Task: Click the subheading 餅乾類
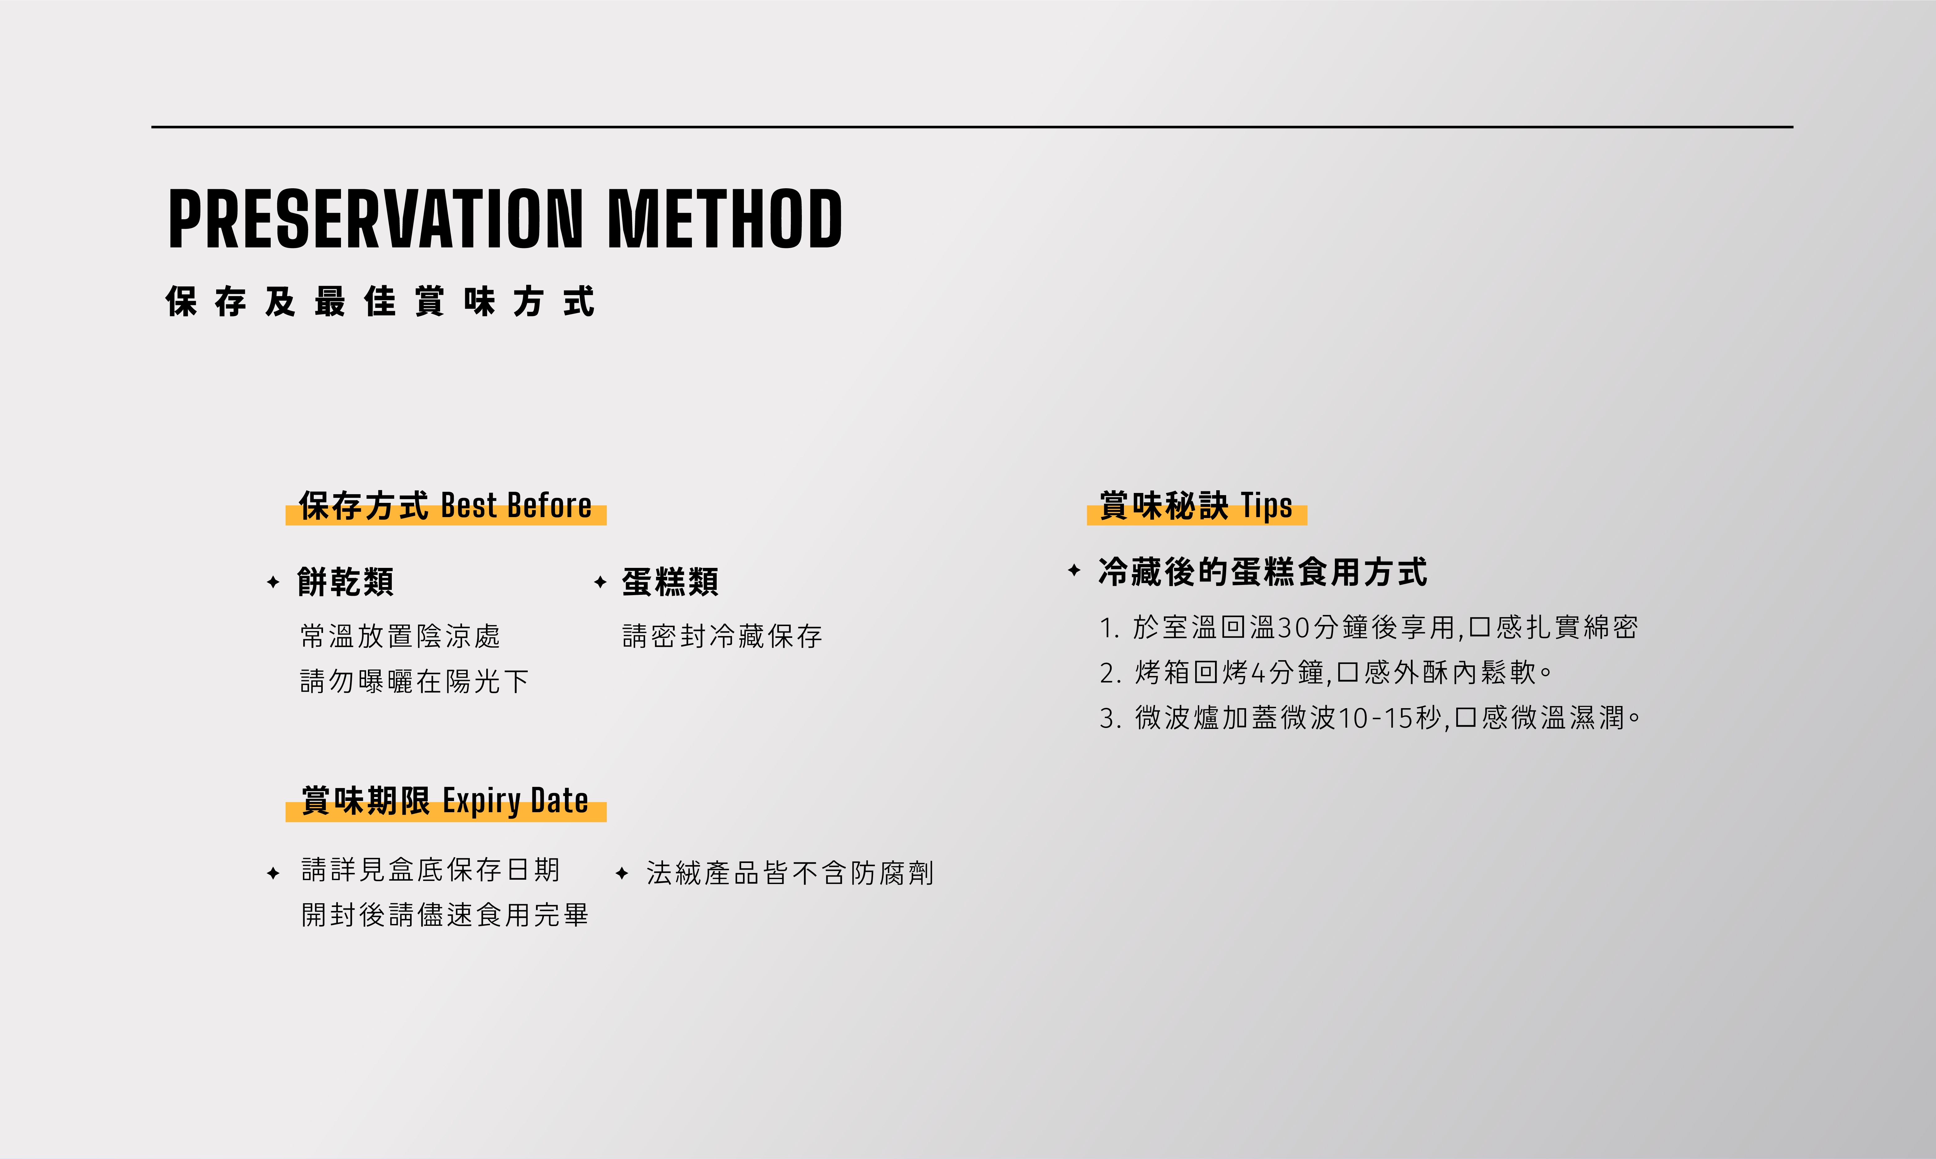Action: point(345,582)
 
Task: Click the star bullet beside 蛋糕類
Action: point(600,582)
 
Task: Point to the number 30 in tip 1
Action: point(1293,627)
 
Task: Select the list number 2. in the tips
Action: point(1111,673)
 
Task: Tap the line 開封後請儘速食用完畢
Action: point(444,915)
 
